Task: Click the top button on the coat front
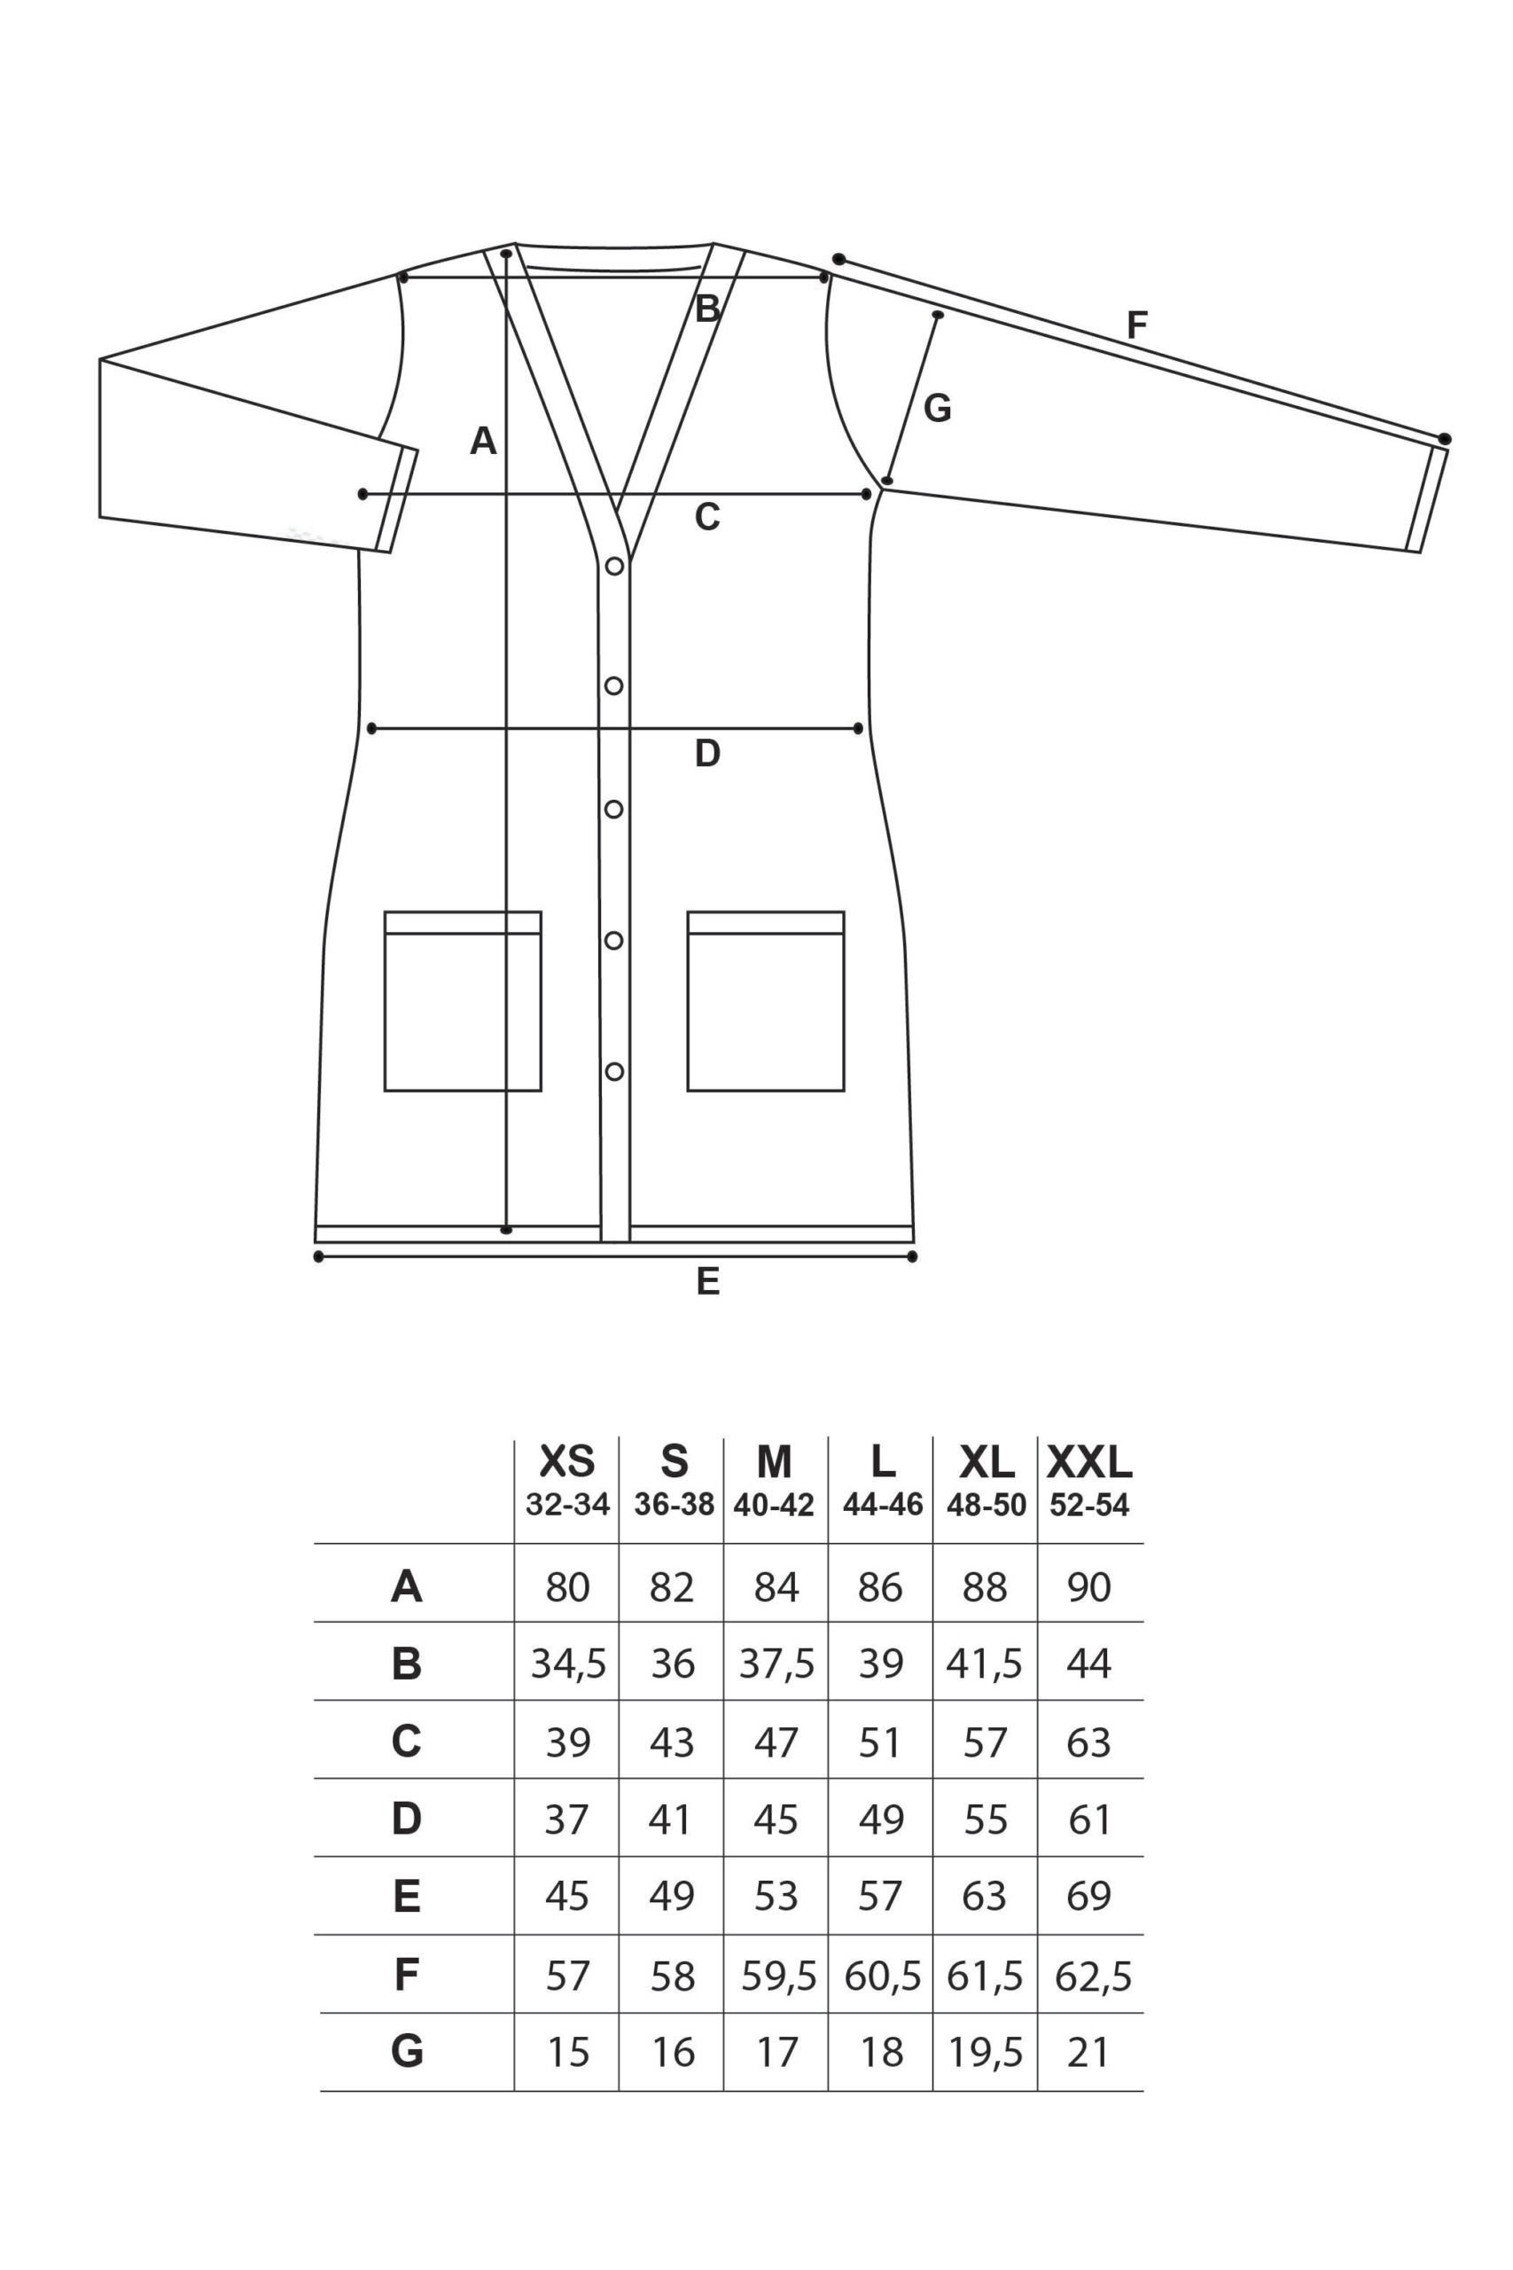[613, 567]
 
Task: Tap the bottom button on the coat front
[613, 1071]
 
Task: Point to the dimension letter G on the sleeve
[937, 409]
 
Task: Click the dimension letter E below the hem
[707, 1281]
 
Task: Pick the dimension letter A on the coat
[482, 441]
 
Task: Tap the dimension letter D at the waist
[707, 754]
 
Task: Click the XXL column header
[1089, 1463]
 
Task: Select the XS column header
[566, 1463]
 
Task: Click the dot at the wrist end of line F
[1445, 439]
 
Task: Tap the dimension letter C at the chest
[707, 518]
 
